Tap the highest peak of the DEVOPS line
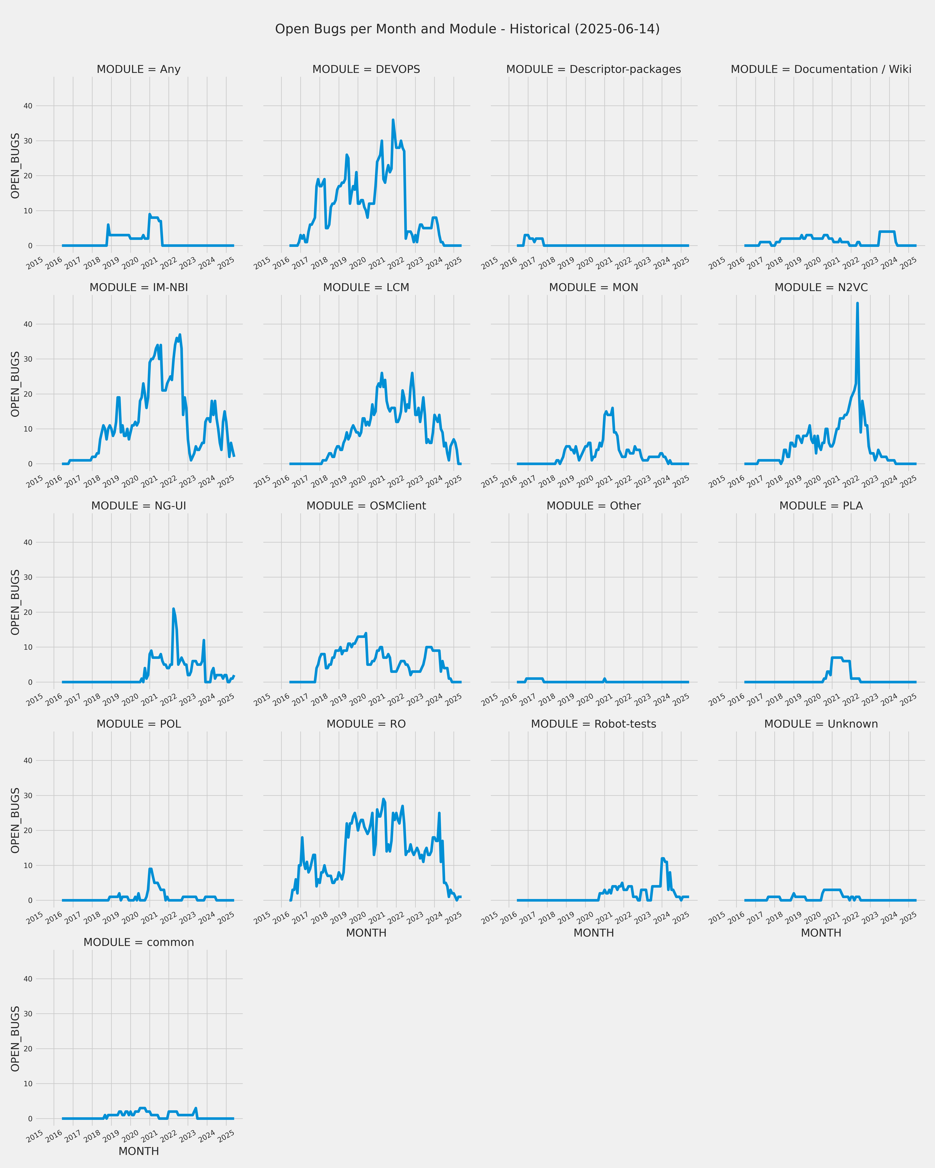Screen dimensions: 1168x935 point(393,120)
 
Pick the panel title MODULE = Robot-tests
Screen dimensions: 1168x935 point(594,724)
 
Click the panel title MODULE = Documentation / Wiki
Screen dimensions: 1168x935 point(821,69)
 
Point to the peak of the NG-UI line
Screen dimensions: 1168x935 point(173,609)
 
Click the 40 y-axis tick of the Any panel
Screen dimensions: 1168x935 point(28,106)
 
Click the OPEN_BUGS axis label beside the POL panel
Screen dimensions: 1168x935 point(15,820)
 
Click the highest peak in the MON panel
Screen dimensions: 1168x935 point(612,408)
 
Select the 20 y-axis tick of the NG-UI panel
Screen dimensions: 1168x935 point(28,612)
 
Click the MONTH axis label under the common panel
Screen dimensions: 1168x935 point(139,1151)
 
